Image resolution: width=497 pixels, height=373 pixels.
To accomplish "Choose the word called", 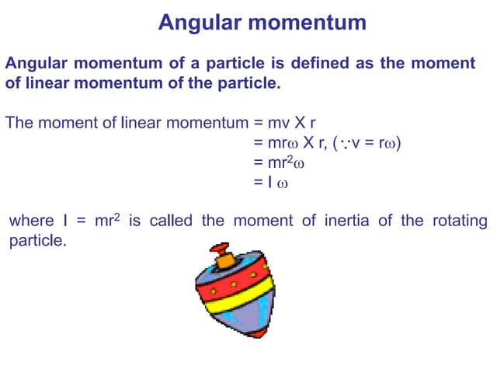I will coord(171,221).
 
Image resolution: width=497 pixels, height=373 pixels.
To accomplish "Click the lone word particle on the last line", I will coord(37,241).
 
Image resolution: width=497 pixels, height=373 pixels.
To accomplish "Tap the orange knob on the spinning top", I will coord(224,258).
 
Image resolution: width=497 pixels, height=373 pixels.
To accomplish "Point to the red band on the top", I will coord(233,284).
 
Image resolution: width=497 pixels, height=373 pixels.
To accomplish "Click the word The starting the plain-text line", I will coord(19,124).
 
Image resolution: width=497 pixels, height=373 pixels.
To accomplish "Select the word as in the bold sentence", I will coord(363,63).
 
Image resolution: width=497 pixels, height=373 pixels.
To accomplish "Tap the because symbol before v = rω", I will coord(342,144).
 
